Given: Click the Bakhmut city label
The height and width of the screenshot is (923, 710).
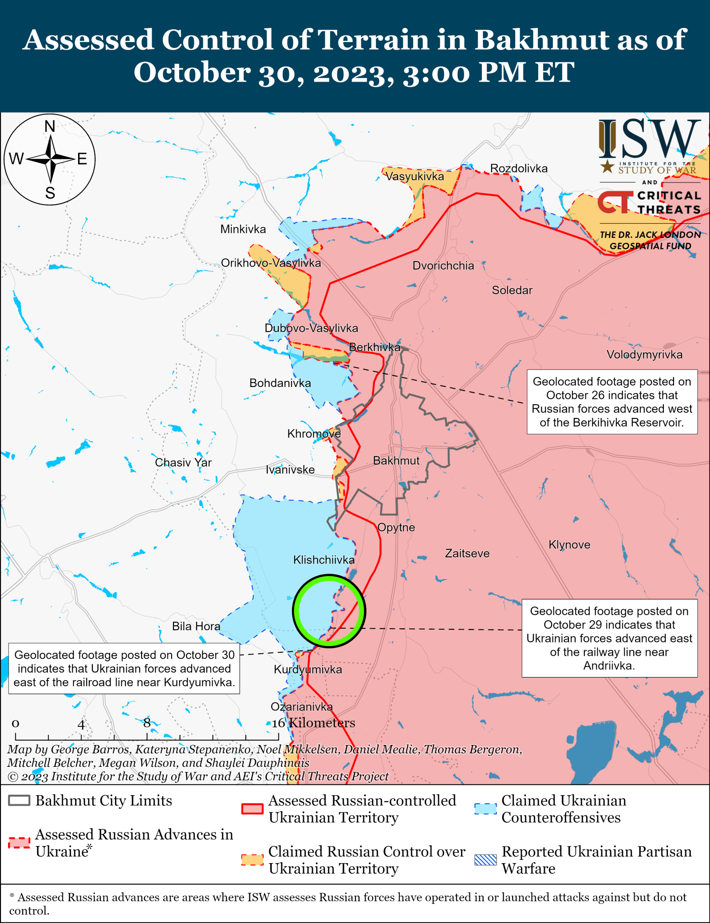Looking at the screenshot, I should coord(396,461).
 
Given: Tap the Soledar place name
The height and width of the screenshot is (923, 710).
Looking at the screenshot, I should coord(512,290).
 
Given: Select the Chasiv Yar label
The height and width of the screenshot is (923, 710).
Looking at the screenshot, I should coord(183,462).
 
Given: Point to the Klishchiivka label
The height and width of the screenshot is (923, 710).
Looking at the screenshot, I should coord(323,560).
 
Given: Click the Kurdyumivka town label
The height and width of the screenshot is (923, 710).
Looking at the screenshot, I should coord(308,669).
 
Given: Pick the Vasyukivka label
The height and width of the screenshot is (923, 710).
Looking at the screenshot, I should coord(414,176).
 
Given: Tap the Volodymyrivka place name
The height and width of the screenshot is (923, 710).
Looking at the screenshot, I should coord(644,355).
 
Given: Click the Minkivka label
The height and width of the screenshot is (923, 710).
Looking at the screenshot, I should coord(243,229).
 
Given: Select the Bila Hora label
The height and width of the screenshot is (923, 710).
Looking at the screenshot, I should coord(196,626).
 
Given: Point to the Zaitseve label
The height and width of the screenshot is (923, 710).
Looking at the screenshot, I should coord(467,553).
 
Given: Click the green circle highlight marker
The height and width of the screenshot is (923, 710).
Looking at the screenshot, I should coord(329,576).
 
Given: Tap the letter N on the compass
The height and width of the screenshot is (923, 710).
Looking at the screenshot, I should coord(50,126).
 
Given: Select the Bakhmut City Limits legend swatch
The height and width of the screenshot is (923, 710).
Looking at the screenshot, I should coord(19,801).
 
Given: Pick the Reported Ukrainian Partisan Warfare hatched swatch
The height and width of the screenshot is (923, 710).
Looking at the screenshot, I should coord(485,860).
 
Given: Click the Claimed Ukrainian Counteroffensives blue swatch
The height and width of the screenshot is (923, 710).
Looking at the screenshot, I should coord(485,809).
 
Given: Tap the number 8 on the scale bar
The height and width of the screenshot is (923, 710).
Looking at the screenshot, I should coord(147,722).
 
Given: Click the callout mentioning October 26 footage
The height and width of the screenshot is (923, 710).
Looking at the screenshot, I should coord(611,402).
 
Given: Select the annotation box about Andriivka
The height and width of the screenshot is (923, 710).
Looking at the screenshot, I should coord(609,638).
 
